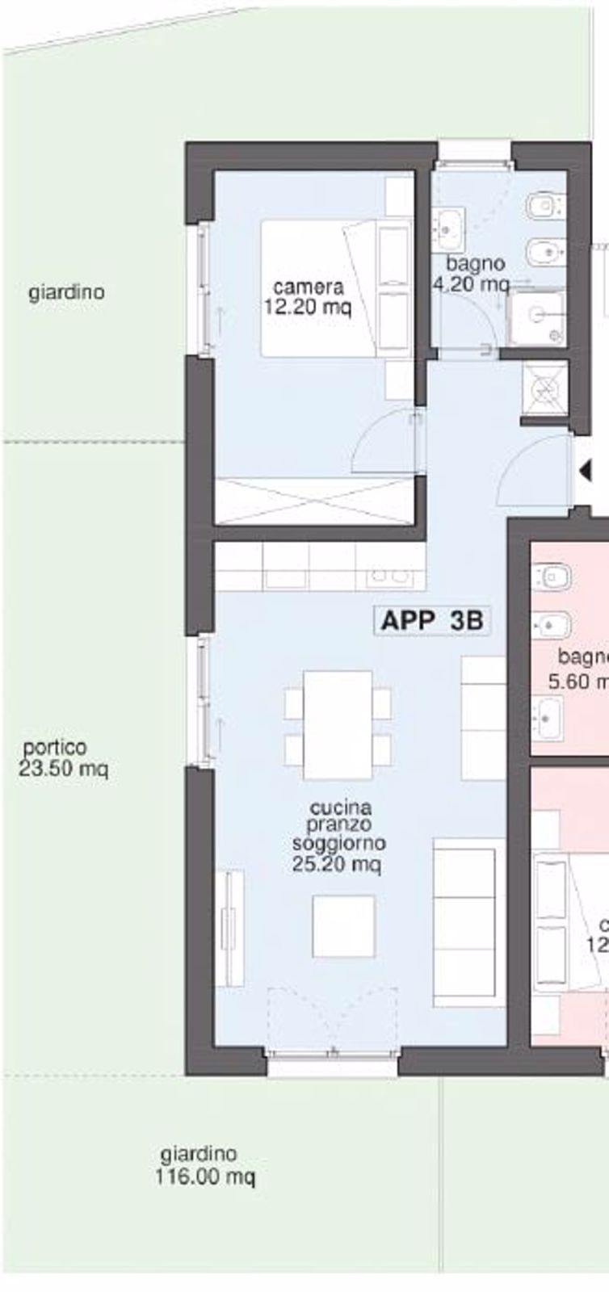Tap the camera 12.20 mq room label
308,296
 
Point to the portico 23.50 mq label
63,757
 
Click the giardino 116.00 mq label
204,1166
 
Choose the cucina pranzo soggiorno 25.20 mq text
339,835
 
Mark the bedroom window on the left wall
204,288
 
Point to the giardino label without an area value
67,292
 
